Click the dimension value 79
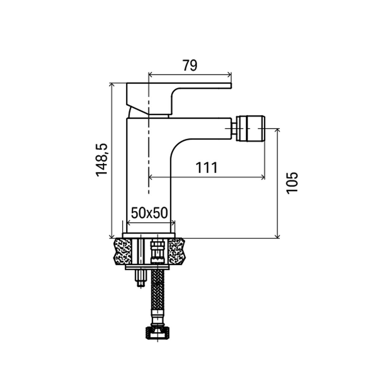190,65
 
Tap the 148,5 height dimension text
102,160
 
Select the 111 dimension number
207,168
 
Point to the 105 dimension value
292,183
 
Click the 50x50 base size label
150,213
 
